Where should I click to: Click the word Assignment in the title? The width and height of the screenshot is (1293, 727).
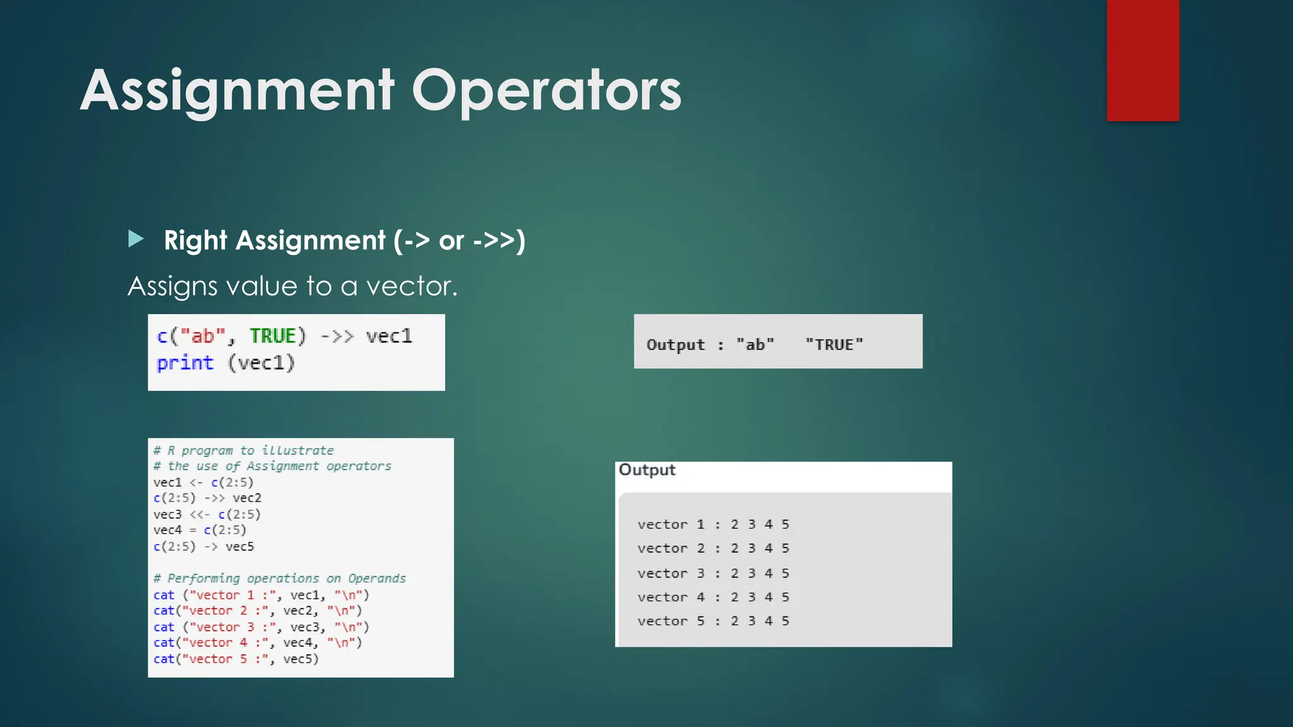237,92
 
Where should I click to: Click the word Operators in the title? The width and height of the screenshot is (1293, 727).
546,92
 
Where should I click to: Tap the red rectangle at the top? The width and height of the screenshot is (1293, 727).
1143,60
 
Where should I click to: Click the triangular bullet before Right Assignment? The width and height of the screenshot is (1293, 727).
136,239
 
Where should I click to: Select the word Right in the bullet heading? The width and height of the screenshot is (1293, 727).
195,240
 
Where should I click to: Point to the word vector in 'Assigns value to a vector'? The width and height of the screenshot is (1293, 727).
411,286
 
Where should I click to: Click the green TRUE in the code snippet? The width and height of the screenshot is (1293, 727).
273,336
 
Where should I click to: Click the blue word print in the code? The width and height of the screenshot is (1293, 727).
185,363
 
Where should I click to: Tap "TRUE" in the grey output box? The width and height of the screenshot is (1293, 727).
833,345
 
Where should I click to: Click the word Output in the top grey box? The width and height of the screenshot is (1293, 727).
675,345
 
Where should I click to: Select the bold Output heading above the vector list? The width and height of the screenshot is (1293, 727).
646,470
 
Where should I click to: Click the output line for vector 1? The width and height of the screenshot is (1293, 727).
713,524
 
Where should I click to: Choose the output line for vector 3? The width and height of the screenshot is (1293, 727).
713,574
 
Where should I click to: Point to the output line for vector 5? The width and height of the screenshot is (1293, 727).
713,621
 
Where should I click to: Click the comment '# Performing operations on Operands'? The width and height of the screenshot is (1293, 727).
280,578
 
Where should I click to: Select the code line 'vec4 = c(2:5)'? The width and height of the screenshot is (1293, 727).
200,530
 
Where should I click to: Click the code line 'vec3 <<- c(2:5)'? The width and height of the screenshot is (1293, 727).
206,514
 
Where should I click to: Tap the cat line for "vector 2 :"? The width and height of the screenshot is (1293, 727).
258,611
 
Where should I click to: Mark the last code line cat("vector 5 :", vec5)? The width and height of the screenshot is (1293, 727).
236,659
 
